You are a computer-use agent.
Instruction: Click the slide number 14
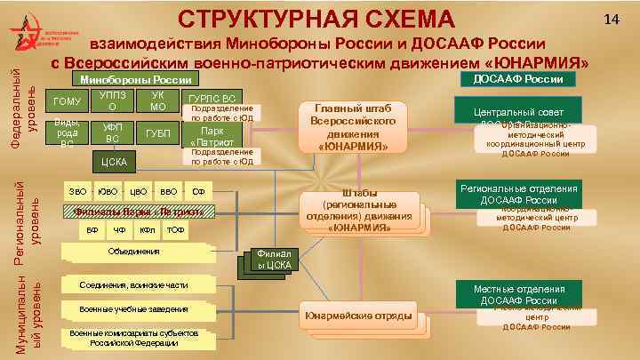click(x=612, y=19)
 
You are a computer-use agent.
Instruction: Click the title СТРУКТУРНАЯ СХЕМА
click(x=316, y=18)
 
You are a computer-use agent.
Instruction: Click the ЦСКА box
click(x=112, y=162)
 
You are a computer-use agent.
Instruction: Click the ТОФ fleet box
click(x=175, y=230)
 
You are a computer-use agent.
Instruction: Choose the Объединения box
click(x=133, y=252)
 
